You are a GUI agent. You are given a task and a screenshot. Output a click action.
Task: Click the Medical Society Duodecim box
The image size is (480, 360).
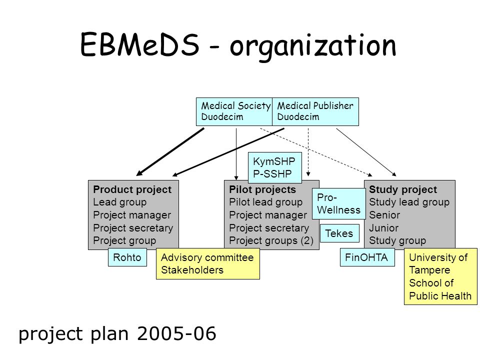click(234, 111)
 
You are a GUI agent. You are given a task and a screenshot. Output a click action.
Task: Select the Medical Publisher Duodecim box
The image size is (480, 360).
click(315, 111)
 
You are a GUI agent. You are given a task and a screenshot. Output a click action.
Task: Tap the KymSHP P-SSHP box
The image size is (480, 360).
click(275, 167)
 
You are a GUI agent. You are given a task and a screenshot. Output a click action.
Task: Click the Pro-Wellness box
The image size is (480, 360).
click(339, 203)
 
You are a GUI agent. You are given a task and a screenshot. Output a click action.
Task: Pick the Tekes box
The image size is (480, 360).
click(339, 233)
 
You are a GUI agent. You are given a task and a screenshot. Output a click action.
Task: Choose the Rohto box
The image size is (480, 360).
click(127, 257)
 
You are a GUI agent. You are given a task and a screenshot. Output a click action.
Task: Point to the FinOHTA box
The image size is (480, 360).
click(367, 257)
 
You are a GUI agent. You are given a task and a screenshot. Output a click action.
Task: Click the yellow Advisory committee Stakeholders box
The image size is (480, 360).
click(208, 263)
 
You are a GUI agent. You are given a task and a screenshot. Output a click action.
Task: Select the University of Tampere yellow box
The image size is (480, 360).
click(440, 276)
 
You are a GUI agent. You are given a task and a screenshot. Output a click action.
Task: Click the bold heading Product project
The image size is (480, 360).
click(132, 189)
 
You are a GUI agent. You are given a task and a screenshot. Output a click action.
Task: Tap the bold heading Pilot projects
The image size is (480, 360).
click(262, 189)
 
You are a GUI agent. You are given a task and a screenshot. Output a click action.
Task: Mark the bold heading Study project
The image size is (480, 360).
click(403, 189)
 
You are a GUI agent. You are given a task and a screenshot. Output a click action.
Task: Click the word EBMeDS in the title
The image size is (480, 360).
click(139, 44)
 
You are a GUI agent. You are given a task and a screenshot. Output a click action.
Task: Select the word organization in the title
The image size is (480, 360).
click(313, 46)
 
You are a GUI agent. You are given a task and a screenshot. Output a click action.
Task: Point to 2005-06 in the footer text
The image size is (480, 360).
click(176, 333)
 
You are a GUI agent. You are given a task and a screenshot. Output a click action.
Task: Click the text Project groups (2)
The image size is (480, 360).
click(271, 240)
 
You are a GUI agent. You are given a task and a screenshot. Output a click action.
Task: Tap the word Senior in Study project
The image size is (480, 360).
click(384, 215)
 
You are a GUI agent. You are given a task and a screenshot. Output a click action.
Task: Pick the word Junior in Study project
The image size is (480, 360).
click(384, 228)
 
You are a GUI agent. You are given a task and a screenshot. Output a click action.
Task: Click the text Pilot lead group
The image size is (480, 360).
click(265, 202)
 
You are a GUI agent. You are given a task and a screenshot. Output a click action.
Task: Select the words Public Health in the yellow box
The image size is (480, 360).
click(440, 295)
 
